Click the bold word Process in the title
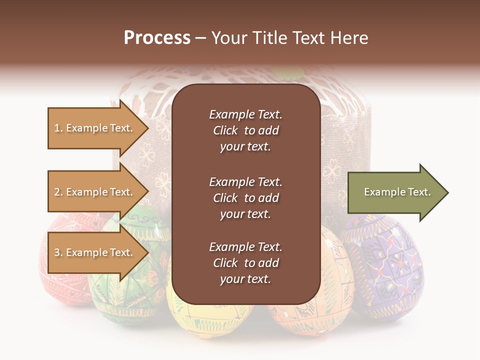pyautogui.click(x=157, y=38)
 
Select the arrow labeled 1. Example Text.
pyautogui.click(x=95, y=128)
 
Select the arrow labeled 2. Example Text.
pyautogui.click(x=95, y=192)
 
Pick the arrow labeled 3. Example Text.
pyautogui.click(x=95, y=252)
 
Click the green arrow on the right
pyautogui.click(x=395, y=192)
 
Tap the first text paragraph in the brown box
pyautogui.click(x=245, y=130)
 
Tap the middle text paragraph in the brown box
pyautogui.click(x=245, y=198)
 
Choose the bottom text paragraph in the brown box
pyautogui.click(x=245, y=263)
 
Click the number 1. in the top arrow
pyautogui.click(x=58, y=128)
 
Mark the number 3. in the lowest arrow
pyautogui.click(x=58, y=252)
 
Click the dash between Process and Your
pyautogui.click(x=200, y=38)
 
